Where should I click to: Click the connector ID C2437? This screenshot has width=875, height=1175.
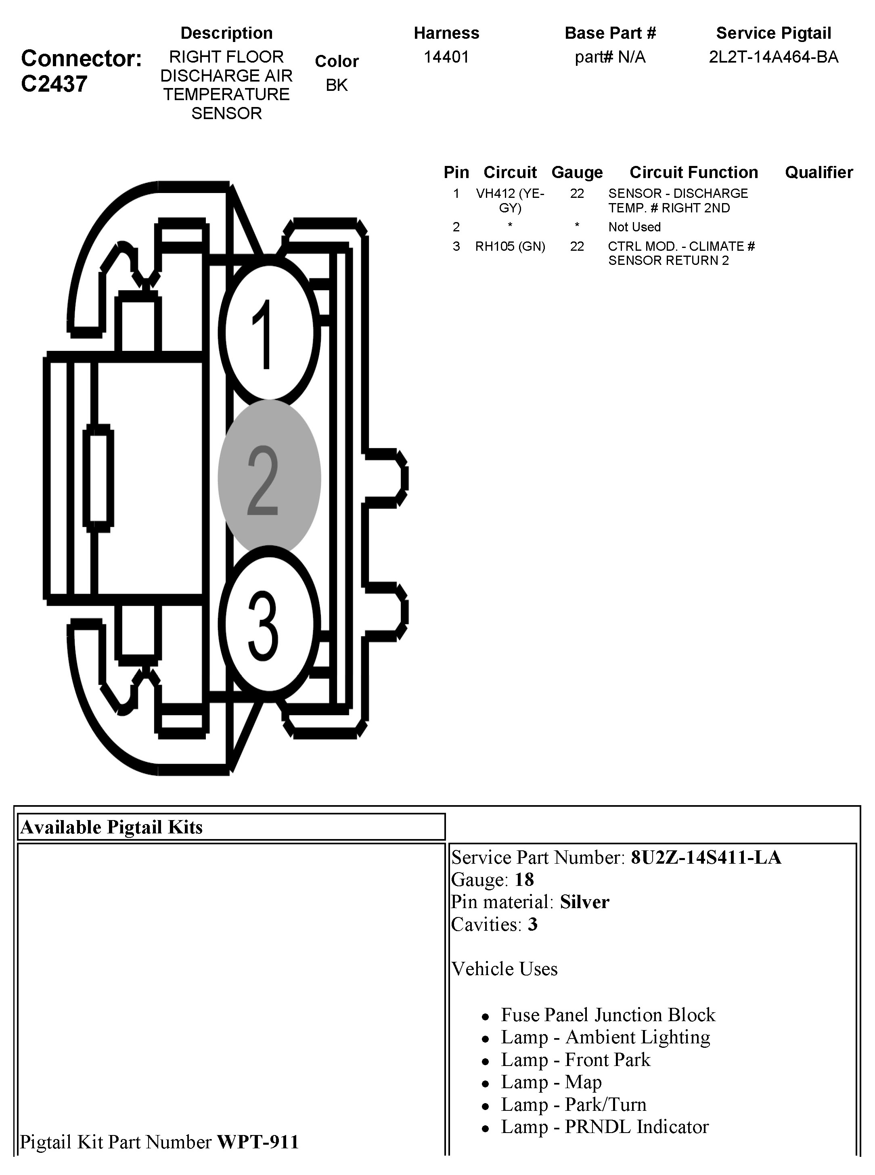tap(54, 84)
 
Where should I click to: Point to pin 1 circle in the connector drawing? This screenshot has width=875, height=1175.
tap(269, 333)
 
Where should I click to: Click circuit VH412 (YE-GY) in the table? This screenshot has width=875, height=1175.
tap(509, 200)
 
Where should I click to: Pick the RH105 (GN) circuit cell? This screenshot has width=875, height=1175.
tap(509, 246)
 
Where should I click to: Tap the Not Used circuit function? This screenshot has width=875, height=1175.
tap(634, 227)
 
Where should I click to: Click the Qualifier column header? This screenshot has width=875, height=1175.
tap(818, 172)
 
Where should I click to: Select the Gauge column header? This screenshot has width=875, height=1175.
tap(577, 172)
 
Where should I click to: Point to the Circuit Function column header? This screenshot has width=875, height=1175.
tap(693, 172)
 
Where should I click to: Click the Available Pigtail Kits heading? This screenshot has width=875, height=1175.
tap(111, 827)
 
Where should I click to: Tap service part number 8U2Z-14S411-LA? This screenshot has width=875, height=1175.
tap(705, 857)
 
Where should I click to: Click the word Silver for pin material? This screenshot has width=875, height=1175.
tap(584, 902)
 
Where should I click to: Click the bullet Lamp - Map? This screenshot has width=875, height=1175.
tap(551, 1082)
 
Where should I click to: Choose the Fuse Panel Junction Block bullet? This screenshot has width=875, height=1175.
tap(607, 1014)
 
